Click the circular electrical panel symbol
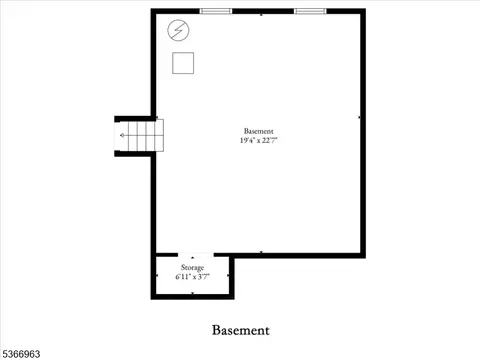pos(178,30)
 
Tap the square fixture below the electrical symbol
pos(183,63)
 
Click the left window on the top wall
pos(216,11)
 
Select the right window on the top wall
pos(310,11)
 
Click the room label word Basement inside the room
pos(258,131)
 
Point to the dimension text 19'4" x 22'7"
pos(258,140)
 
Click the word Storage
pos(192,268)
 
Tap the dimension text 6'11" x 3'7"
pos(192,277)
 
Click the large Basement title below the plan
pos(241,330)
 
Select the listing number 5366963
pos(21,354)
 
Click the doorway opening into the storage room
pos(196,255)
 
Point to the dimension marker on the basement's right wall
pos(359,117)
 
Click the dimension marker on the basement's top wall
pos(261,15)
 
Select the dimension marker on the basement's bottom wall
pos(261,252)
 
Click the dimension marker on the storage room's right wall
pos(228,276)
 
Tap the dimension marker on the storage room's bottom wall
pos(193,293)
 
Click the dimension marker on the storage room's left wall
pos(157,276)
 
